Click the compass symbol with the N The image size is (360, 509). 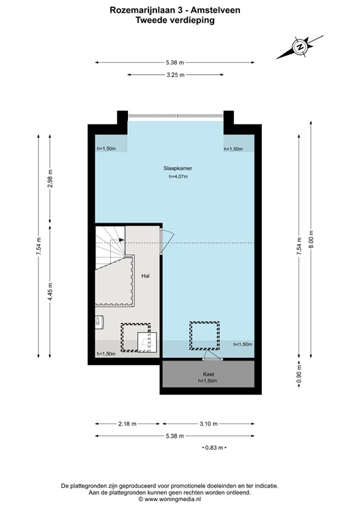[x=300, y=47]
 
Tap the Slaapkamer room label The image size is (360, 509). [x=178, y=168]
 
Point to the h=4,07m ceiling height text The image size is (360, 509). [x=178, y=177]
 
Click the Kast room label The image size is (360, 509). [x=207, y=374]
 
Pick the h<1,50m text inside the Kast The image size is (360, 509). [x=207, y=382]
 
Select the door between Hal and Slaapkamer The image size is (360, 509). [x=166, y=237]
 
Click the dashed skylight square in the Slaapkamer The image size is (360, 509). [x=204, y=335]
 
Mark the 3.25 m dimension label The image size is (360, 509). [x=176, y=75]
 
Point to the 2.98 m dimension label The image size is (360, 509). [x=50, y=180]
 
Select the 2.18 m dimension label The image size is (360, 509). [x=127, y=424]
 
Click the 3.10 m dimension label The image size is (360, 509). [x=208, y=424]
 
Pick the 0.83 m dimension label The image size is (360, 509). [x=213, y=449]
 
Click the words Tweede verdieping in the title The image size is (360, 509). [x=175, y=20]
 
